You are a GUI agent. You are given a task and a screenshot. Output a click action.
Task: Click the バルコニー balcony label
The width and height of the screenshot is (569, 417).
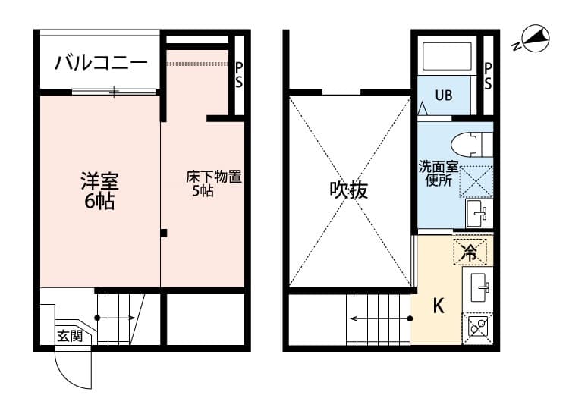pos(101,64)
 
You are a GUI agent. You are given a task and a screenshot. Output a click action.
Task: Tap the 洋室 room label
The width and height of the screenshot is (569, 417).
pos(99,182)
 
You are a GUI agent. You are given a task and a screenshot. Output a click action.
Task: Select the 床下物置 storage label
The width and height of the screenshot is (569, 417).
pos(213,177)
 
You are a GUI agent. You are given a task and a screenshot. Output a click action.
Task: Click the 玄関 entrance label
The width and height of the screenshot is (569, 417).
pos(70,336)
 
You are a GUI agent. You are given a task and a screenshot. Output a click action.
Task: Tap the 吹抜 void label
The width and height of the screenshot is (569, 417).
pos(348,190)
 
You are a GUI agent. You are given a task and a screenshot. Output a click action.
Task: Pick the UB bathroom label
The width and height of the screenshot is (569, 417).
pos(443,96)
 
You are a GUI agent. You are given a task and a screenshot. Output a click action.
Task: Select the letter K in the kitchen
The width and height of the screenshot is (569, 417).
pos(438,306)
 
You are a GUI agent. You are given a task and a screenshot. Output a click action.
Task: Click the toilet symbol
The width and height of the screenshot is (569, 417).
pos(470,143)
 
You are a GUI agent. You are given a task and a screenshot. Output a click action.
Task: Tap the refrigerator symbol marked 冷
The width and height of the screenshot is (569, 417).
pos(470,251)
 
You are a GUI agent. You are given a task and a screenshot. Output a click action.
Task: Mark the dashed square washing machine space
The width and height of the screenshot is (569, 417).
pos(476,180)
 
